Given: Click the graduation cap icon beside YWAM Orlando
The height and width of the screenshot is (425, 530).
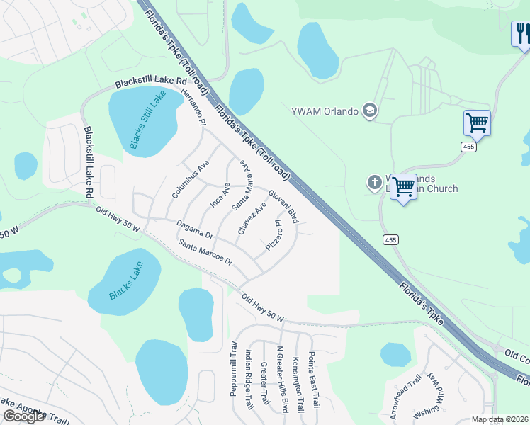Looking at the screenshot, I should click(x=369, y=110).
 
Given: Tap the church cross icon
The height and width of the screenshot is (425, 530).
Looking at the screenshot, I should click(x=375, y=183).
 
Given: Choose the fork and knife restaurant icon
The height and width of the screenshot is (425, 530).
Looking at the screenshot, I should click(x=521, y=34).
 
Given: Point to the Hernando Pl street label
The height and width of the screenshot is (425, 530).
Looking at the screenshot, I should click(x=193, y=106).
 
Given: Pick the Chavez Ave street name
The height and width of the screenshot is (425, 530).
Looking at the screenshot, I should click(x=252, y=220).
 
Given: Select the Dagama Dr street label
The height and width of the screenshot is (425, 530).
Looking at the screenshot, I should click(x=195, y=228).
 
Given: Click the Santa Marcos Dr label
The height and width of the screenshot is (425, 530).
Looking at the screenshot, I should click(x=205, y=251).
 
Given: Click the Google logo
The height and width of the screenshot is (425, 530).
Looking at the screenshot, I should click(x=23, y=416).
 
